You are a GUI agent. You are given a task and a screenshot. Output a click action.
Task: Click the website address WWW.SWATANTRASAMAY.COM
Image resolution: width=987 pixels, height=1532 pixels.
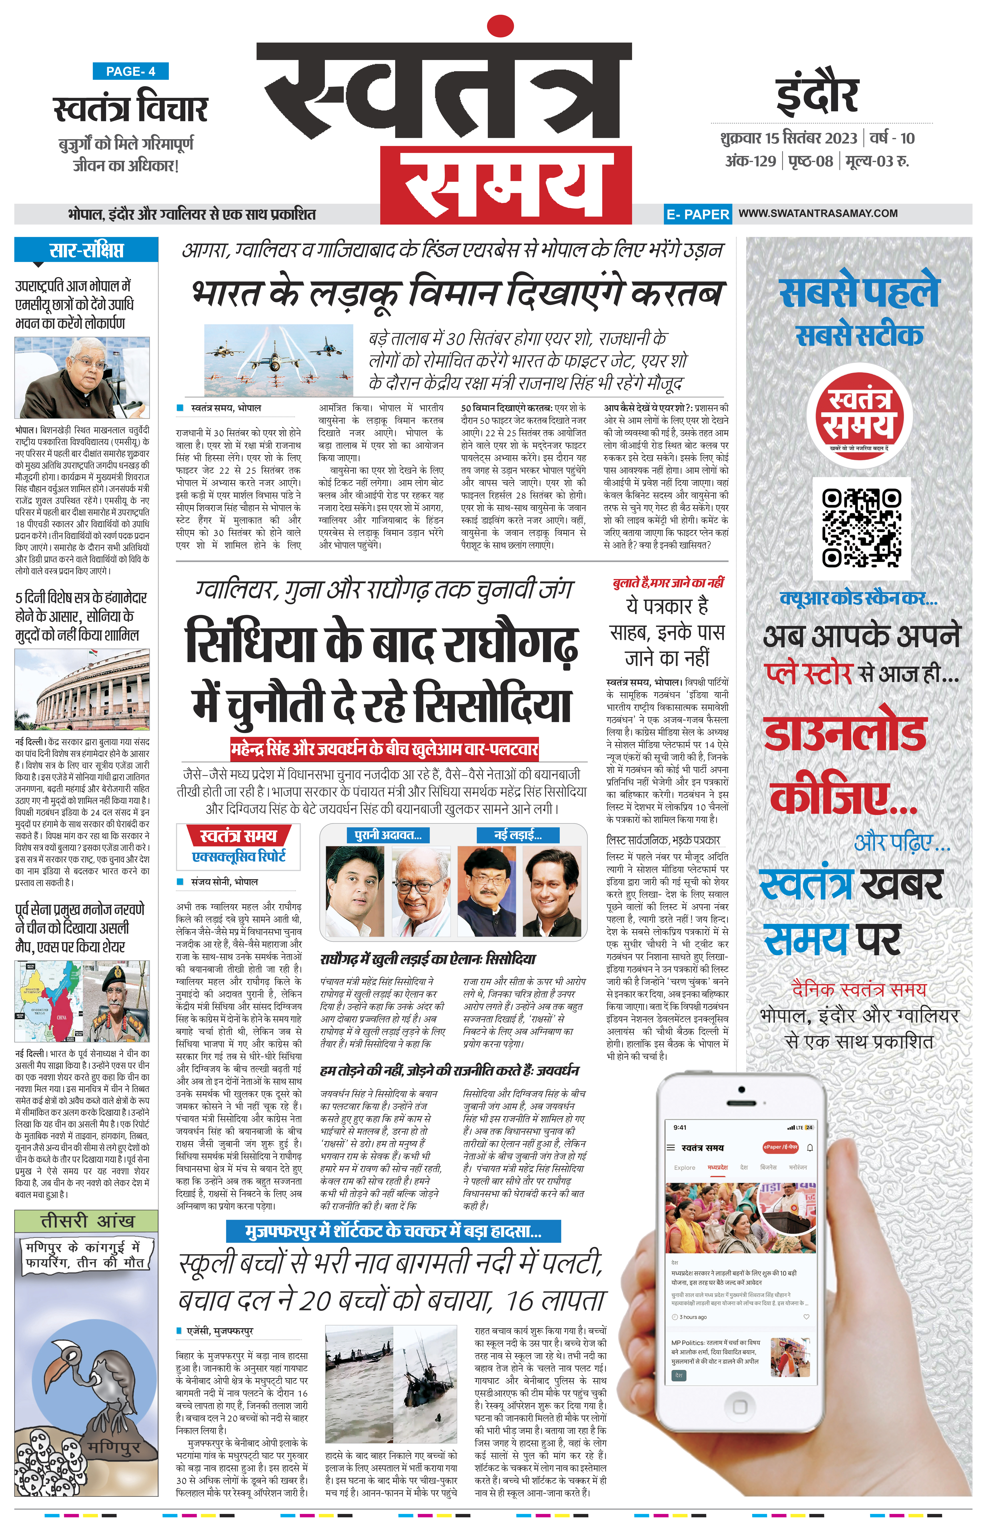tap(818, 213)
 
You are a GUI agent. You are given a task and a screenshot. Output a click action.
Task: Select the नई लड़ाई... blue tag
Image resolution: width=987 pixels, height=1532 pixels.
tap(518, 835)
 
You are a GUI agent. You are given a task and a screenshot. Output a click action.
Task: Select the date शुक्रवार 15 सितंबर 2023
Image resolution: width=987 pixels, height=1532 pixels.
tap(788, 138)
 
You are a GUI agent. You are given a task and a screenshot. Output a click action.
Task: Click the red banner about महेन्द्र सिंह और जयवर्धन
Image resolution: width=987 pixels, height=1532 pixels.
tap(385, 748)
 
